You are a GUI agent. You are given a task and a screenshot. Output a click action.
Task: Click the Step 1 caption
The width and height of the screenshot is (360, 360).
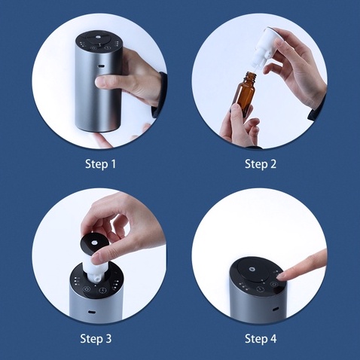pos(100,164)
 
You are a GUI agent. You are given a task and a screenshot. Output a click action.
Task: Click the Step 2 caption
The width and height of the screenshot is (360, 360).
pos(261,164)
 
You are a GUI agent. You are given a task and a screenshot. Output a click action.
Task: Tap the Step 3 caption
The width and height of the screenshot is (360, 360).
pos(96,338)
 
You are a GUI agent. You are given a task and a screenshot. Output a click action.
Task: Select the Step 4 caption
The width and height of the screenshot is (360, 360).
pos(261,338)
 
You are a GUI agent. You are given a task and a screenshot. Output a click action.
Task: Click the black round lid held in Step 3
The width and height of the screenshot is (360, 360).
pos(95,244)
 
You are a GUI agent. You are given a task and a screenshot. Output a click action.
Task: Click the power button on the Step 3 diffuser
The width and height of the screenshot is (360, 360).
pos(86,288)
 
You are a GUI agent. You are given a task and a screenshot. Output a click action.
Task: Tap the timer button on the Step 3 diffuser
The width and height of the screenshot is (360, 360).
pos(102,291)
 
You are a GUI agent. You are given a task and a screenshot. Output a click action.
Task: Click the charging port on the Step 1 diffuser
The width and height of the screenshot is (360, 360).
pos(102,66)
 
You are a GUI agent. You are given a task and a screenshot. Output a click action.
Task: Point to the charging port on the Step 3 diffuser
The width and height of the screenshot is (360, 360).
pos(90,313)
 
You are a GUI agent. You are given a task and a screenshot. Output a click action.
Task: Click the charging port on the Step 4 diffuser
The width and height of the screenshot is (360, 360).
pos(276,309)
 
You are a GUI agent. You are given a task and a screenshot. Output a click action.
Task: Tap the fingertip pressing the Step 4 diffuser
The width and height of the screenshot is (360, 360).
pos(283,276)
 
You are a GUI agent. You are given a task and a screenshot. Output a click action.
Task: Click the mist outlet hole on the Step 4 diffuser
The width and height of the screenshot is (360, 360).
pos(251,270)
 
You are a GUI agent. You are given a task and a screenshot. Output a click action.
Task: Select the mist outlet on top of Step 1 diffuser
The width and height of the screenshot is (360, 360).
pos(97,37)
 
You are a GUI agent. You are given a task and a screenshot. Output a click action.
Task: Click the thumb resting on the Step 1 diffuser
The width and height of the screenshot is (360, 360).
pos(108,83)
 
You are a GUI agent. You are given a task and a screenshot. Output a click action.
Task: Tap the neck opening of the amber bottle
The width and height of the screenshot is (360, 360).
pos(251,73)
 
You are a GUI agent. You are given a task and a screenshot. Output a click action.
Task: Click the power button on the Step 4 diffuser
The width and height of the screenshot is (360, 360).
pos(273,285)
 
